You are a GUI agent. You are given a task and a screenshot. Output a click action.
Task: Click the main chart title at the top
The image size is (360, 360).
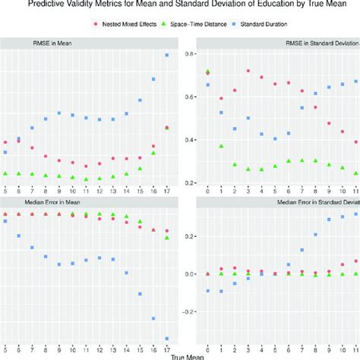click(x=180, y=5)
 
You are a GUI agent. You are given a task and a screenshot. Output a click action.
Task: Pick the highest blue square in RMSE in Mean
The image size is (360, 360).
click(x=167, y=55)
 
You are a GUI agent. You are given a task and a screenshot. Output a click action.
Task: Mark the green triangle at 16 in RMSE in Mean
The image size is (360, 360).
click(x=153, y=153)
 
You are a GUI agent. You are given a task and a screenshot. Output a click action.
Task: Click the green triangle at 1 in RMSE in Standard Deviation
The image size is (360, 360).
click(x=221, y=146)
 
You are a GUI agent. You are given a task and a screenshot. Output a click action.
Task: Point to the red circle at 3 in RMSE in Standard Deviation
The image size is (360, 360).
click(x=248, y=71)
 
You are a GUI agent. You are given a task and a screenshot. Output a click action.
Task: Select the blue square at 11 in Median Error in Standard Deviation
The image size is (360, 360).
click(x=355, y=214)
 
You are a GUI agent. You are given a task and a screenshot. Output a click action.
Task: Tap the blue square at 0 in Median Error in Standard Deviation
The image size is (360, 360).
click(x=208, y=291)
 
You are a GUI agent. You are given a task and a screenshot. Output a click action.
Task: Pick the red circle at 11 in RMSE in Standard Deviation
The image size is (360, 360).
click(x=355, y=142)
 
